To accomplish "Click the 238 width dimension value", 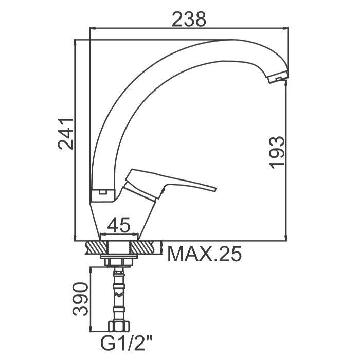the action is [189, 19].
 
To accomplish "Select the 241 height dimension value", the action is [66, 134].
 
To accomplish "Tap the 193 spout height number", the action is [277, 153].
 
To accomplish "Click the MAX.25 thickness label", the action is [205, 254].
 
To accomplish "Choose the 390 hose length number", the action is [80, 299].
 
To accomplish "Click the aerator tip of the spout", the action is [278, 77].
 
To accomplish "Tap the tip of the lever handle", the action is [214, 189].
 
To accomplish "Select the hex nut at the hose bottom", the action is [119, 326].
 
